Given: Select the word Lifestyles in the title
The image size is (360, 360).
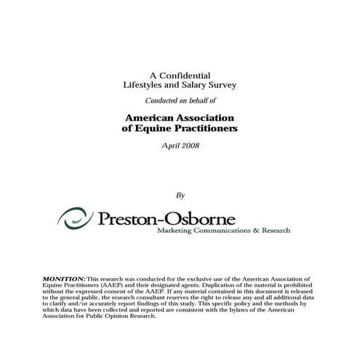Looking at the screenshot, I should click(143, 85).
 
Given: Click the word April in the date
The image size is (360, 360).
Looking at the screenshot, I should click(169, 145).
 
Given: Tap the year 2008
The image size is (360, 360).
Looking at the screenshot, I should click(188, 145).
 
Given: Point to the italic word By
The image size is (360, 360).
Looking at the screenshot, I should click(180, 195).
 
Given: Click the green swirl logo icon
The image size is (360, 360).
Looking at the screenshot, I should click(74, 216).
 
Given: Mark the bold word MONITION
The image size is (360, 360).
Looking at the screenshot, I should click(64, 279).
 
